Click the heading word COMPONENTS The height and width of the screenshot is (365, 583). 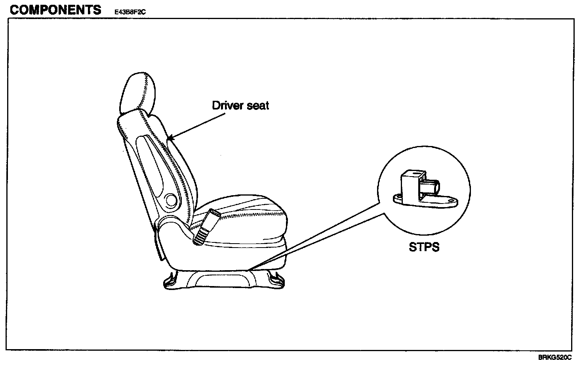(55, 10)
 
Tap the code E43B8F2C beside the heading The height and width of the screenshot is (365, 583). (130, 12)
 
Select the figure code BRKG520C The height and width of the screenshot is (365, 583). (554, 357)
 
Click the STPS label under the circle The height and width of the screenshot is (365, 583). (424, 247)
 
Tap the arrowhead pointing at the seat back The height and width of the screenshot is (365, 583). (170, 139)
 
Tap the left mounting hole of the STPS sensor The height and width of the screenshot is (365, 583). (396, 197)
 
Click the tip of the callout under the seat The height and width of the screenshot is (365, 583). (252, 269)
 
